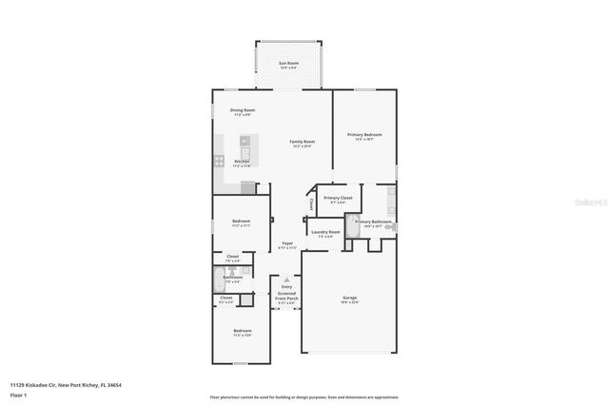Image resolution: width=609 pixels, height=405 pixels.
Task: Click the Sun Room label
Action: [x=287, y=64]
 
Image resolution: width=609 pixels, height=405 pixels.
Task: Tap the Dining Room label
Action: [x=242, y=110]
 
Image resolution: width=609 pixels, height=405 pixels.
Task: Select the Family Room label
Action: [x=303, y=143]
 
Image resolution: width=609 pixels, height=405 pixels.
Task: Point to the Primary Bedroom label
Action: [x=364, y=136]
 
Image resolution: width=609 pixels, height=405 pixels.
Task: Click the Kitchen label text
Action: [x=242, y=162]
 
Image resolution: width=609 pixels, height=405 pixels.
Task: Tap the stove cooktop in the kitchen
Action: [x=218, y=161]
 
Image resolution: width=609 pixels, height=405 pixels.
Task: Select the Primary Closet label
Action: [x=338, y=199]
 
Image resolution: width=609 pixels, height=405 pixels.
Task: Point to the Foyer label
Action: [x=286, y=244]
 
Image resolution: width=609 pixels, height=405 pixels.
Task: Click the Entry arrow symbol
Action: [x=286, y=281]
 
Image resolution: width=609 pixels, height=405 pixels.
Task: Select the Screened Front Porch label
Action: [x=286, y=296]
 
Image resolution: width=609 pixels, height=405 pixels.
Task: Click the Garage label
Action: [x=349, y=299]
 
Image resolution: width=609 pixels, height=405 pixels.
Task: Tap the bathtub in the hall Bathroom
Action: [x=218, y=280]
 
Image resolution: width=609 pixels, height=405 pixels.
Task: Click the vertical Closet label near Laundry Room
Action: [x=311, y=204]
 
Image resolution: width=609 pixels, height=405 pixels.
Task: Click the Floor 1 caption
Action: [x=18, y=394]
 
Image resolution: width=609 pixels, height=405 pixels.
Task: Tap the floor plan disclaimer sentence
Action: [x=304, y=395]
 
